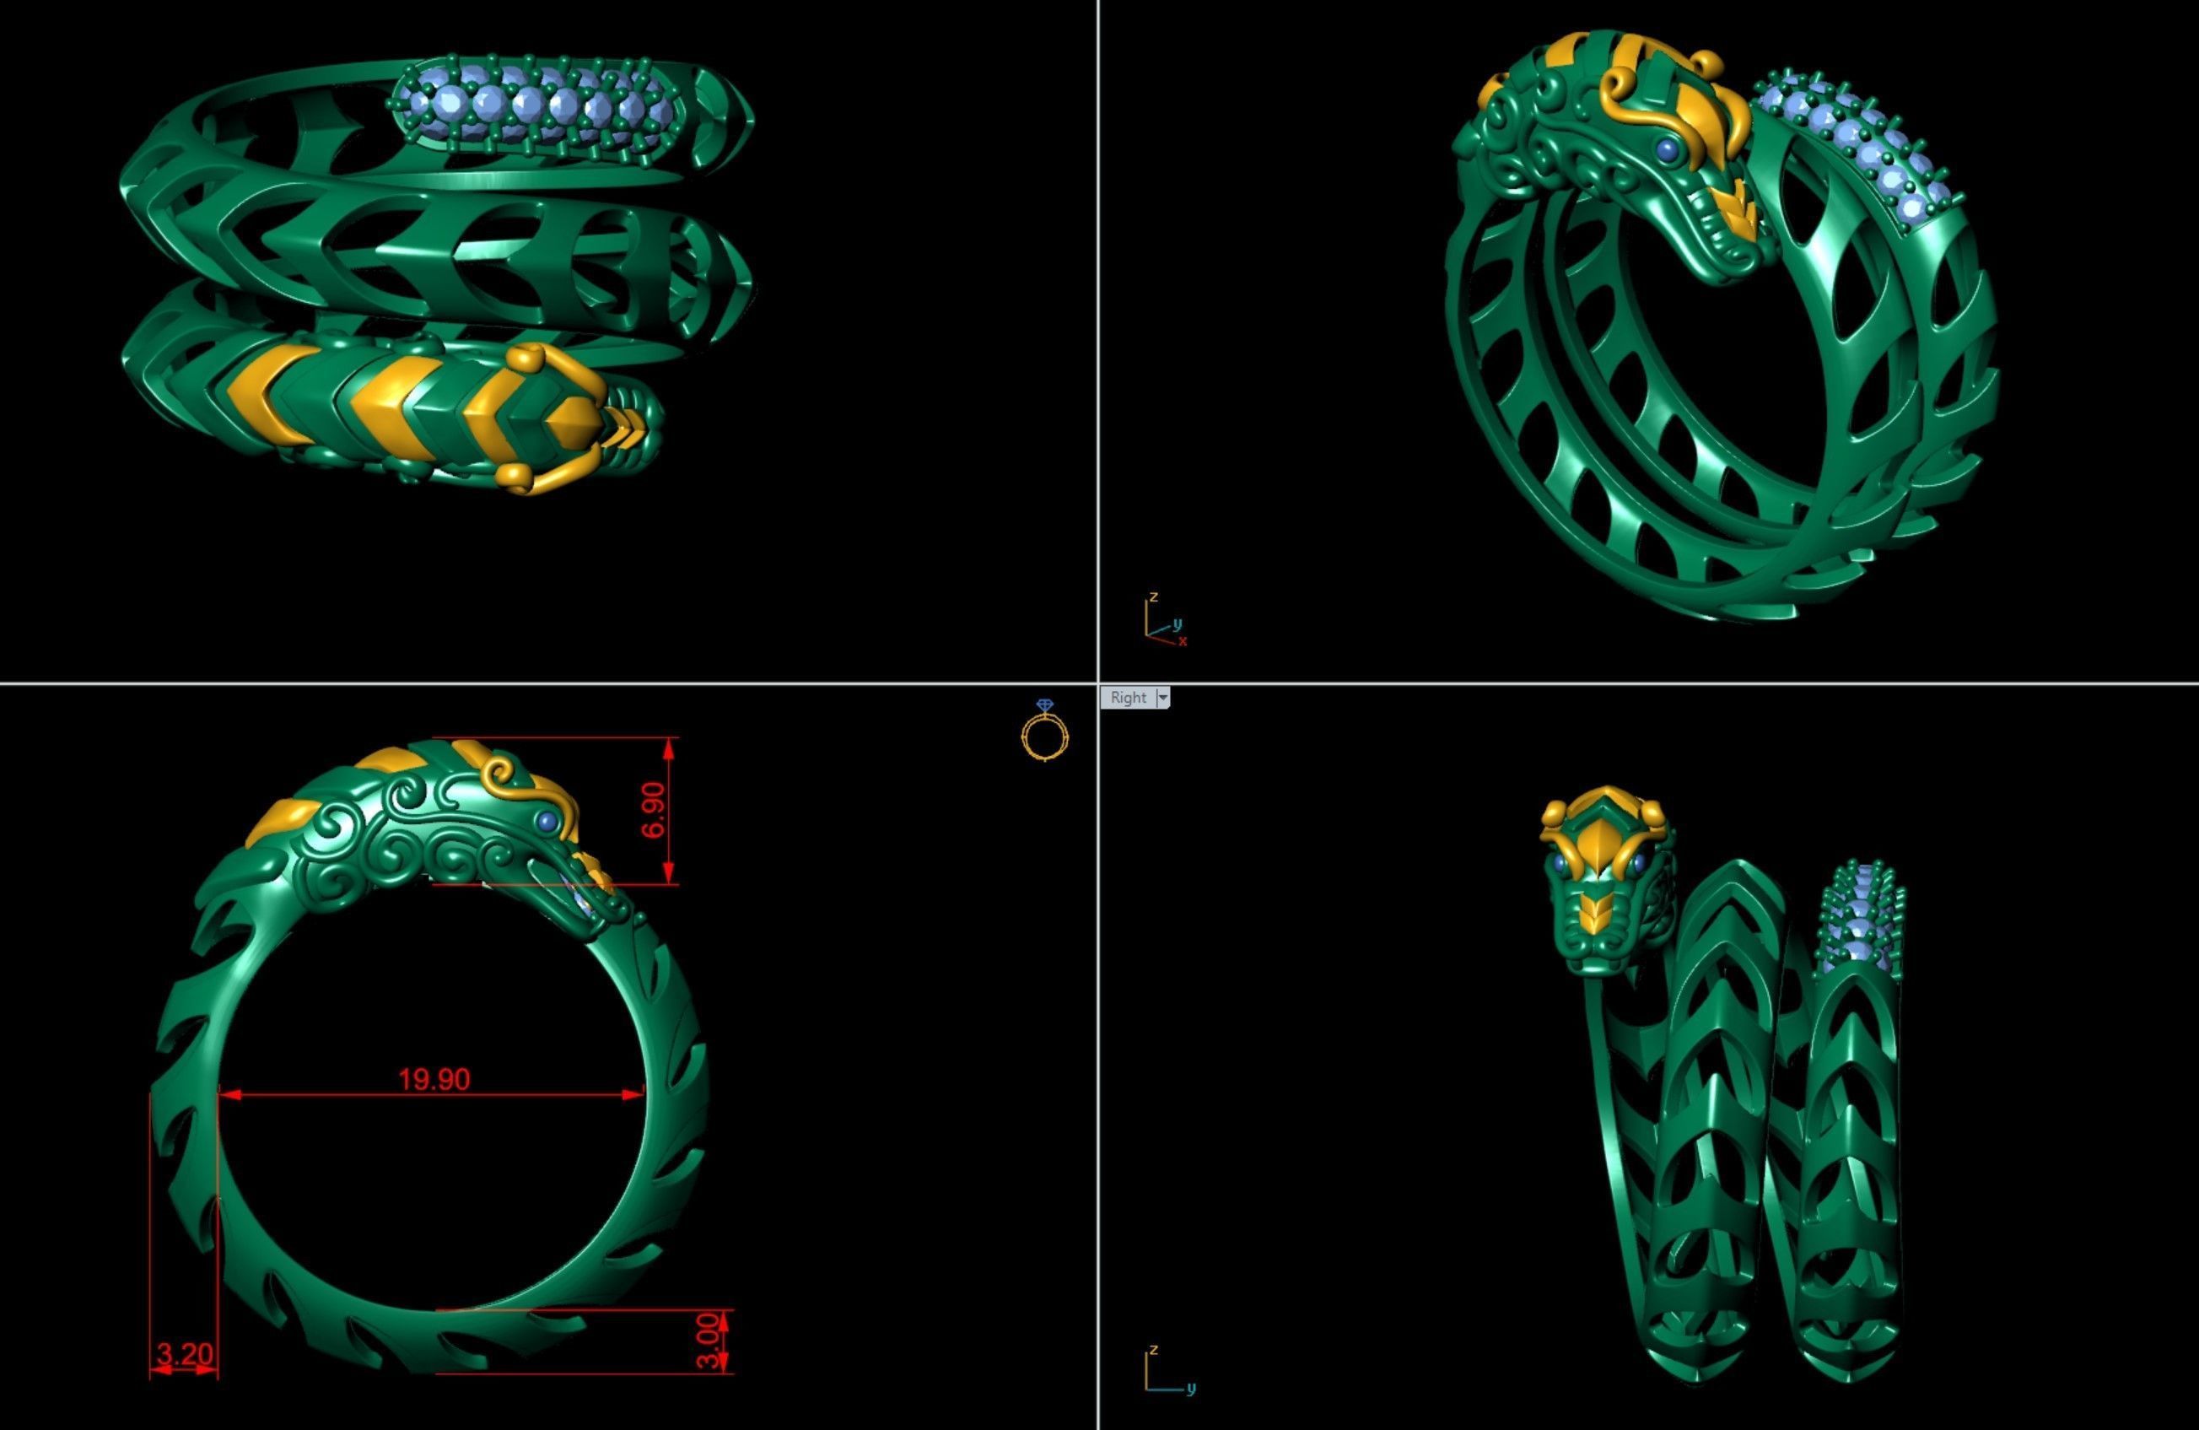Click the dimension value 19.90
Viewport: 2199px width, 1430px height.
point(434,1079)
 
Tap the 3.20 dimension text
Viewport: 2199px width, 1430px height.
point(185,1354)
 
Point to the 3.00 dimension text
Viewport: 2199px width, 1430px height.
point(707,1341)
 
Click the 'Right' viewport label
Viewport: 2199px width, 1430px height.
point(1128,698)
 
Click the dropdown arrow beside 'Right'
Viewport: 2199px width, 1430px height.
point(1163,698)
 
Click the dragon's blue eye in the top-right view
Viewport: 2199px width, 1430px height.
point(1667,148)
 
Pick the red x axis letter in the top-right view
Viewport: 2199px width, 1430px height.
point(1183,640)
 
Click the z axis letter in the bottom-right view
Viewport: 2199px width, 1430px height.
point(1153,1351)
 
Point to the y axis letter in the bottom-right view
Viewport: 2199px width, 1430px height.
point(1191,1389)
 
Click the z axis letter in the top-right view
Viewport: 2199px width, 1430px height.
point(1153,597)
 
